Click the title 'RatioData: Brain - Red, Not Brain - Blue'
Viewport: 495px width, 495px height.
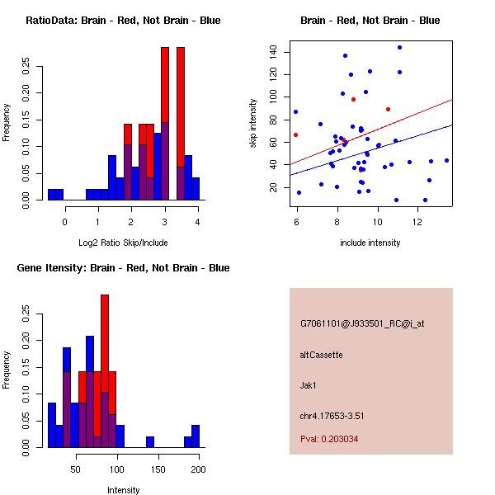click(123, 21)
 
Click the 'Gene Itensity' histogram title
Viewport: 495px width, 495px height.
click(123, 268)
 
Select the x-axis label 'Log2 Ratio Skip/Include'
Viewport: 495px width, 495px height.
click(123, 243)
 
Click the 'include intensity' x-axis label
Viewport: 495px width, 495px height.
click(370, 243)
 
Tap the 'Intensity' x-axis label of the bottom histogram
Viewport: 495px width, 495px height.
click(123, 490)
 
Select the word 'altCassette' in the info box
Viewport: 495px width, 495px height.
click(321, 355)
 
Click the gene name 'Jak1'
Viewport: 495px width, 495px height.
click(309, 384)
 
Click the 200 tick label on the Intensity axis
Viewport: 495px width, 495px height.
click(198, 470)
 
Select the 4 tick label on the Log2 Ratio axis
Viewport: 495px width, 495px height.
click(198, 223)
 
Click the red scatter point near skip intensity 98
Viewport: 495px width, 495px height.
click(353, 99)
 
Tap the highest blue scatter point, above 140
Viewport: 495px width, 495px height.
click(399, 47)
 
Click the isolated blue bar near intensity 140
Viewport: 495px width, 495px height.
click(150, 442)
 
